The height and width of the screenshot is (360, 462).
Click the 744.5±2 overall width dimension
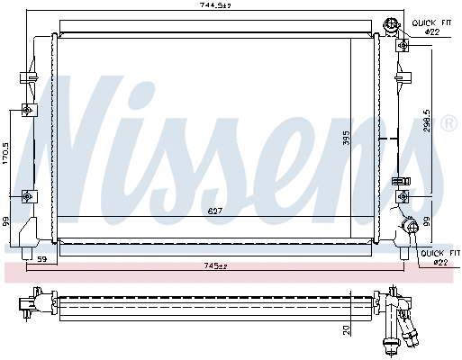215,7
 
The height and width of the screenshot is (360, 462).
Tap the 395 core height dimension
345,139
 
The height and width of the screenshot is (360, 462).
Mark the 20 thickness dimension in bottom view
345,329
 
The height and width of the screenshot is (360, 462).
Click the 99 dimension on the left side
7,220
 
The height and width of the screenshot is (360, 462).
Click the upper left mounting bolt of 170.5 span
28,111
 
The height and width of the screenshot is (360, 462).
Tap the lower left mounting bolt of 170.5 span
28,194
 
